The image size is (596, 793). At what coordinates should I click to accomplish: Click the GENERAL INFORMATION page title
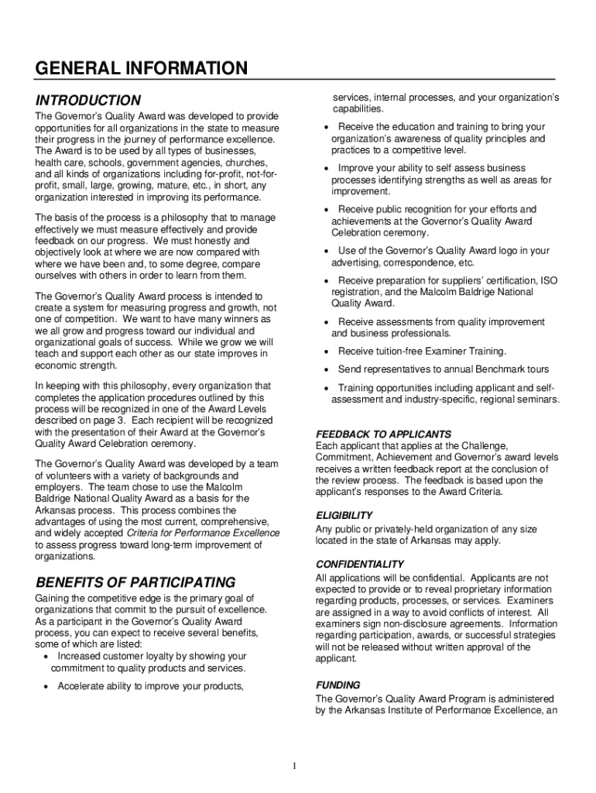point(141,69)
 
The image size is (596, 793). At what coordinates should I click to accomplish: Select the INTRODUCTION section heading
point(88,101)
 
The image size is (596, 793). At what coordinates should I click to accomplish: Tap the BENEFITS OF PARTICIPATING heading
point(135,582)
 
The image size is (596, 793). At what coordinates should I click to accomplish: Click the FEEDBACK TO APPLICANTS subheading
point(383,434)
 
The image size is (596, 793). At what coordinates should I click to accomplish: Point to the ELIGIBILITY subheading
point(344,515)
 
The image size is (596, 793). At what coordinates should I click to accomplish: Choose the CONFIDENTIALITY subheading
point(360,564)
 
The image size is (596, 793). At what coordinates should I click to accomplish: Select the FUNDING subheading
point(337,685)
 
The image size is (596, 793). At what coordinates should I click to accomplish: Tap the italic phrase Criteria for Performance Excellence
point(203,534)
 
